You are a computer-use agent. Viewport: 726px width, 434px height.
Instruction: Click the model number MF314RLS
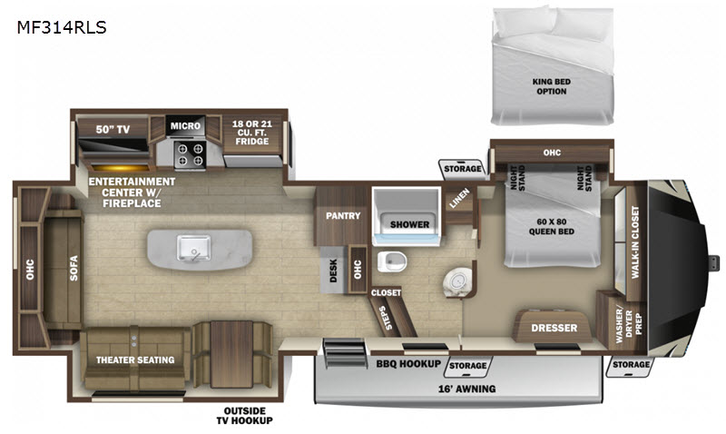point(62,28)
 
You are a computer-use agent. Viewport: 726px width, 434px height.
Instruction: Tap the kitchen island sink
point(193,248)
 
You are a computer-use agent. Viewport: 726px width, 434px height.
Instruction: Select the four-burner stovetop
point(191,154)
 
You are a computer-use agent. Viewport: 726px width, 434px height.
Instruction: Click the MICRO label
point(185,126)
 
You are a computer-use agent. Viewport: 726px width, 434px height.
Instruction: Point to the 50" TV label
point(113,129)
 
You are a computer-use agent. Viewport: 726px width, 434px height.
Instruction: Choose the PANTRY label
point(343,216)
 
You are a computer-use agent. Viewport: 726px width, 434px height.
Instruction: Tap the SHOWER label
point(409,224)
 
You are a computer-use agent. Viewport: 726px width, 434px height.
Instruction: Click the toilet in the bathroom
point(392,261)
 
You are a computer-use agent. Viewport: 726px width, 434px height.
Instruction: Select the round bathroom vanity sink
point(457,281)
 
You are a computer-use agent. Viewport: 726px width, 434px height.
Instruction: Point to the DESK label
point(333,271)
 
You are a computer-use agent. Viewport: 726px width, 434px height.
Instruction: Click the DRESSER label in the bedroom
point(554,328)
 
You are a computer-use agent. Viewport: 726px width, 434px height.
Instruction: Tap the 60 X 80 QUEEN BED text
point(552,226)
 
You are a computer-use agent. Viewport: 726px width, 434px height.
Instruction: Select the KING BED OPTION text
point(551,86)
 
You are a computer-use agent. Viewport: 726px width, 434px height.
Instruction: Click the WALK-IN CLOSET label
point(634,242)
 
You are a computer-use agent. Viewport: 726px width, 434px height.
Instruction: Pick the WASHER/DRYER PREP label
point(629,326)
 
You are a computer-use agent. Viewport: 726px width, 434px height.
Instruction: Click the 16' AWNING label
point(466,389)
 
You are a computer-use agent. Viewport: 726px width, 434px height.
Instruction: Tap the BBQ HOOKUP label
point(407,364)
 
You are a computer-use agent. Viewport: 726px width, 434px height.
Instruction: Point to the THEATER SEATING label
point(135,360)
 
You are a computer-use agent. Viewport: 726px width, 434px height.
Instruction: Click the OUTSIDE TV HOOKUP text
point(244,416)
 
